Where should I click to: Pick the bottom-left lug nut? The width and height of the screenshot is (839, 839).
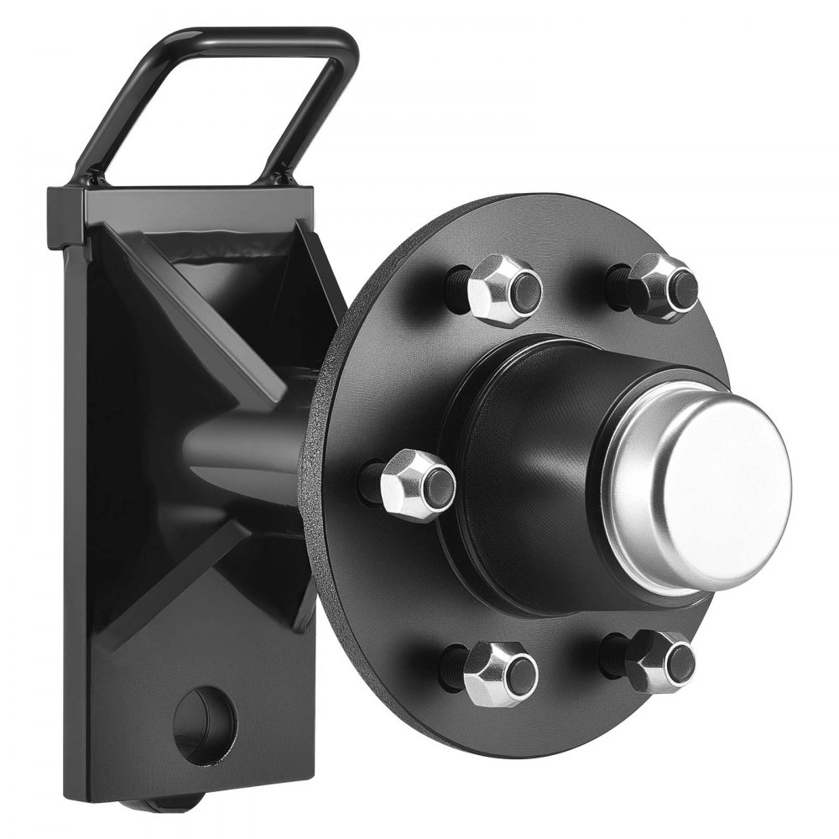[500, 673]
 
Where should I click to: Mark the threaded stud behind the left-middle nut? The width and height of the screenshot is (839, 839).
[370, 482]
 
